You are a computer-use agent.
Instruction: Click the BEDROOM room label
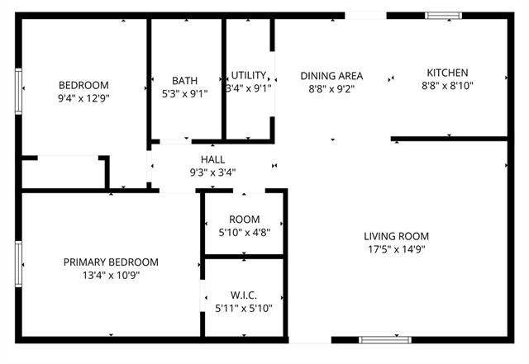83,85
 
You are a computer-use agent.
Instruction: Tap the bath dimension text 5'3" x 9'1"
185,94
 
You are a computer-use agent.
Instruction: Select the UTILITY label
248,75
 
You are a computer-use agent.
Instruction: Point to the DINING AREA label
331,76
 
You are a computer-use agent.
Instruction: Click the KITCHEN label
447,73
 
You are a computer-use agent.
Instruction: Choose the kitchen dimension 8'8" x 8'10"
447,86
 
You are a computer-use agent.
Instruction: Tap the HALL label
213,159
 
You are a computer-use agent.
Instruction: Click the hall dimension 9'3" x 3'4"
213,173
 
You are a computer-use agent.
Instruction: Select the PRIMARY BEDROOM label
111,262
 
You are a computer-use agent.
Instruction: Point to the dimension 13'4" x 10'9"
111,276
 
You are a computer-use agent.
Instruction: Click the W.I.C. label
244,295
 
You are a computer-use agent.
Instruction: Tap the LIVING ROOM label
397,236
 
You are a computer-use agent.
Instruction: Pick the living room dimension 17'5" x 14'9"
397,249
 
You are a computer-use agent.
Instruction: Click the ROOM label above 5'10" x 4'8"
245,219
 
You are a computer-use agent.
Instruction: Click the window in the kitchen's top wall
443,16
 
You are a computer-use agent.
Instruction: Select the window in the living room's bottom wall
385,340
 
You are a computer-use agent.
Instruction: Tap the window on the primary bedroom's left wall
18,264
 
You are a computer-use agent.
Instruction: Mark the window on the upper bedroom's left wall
18,92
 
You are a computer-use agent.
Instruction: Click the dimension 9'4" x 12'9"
83,98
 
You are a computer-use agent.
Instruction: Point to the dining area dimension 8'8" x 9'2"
331,89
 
